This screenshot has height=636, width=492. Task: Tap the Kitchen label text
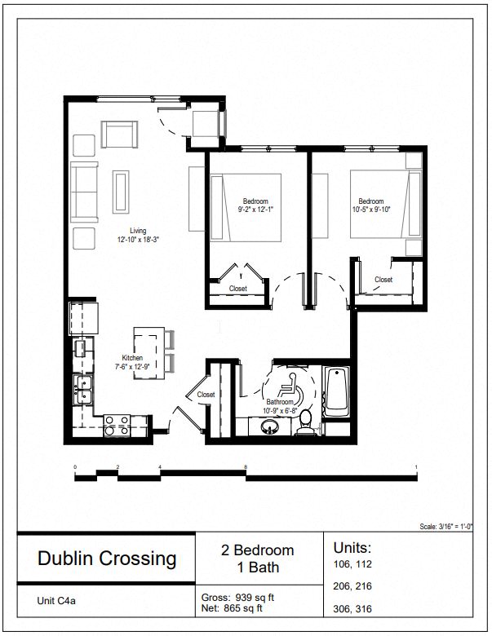coord(132,359)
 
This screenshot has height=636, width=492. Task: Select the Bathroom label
coord(280,402)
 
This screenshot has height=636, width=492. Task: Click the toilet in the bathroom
coord(306,420)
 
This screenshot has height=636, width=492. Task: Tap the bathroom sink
coord(269,427)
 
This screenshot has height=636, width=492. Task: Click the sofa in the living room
coord(84,192)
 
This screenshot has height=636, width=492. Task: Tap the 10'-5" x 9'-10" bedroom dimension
coord(370,210)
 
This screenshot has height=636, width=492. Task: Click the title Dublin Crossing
coord(107,559)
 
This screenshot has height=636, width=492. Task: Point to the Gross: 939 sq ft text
coord(238,597)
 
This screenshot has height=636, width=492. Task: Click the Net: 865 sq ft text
coord(232,607)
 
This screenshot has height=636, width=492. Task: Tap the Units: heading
coord(352,547)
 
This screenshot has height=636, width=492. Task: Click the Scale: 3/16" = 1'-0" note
coord(452,528)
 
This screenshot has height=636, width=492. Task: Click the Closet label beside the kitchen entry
coord(206,395)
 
